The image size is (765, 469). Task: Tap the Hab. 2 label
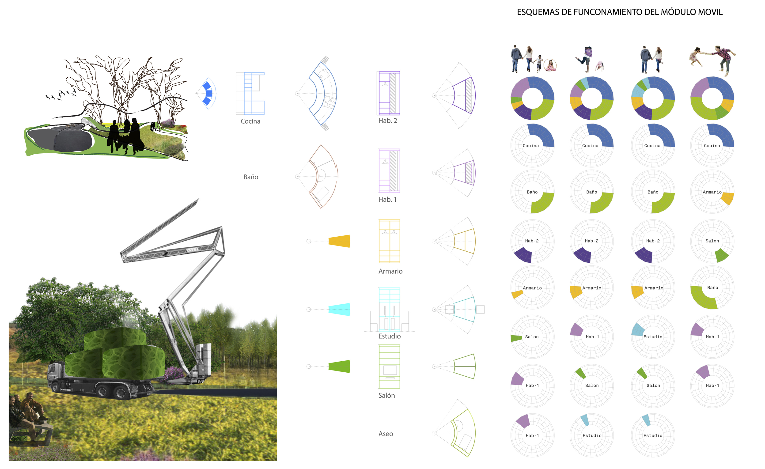pyautogui.click(x=387, y=121)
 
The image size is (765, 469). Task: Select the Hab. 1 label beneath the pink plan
pyautogui.click(x=387, y=200)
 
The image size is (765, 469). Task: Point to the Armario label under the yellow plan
pyautogui.click(x=390, y=271)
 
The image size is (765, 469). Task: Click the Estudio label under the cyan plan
pyautogui.click(x=389, y=336)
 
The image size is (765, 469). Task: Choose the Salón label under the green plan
pyautogui.click(x=386, y=395)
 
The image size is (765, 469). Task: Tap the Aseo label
pyautogui.click(x=386, y=434)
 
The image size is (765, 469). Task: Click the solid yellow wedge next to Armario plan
pyautogui.click(x=339, y=241)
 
